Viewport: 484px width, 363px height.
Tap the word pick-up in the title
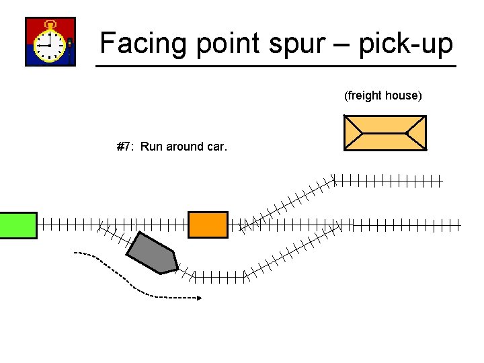(407, 44)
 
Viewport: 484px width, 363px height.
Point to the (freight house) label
(383, 95)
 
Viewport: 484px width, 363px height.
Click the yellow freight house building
(385, 132)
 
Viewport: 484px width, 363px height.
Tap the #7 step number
(124, 147)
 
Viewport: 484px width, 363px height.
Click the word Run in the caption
(152, 147)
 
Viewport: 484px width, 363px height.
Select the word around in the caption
(188, 147)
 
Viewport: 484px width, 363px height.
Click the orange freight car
(208, 225)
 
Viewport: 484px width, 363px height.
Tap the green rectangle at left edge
(17, 225)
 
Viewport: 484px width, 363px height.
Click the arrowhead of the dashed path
(198, 297)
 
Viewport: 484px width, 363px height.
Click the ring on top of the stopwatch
(50, 23)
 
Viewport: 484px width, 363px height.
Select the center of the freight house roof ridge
(385, 132)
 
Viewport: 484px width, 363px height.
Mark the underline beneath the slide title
(276, 66)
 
